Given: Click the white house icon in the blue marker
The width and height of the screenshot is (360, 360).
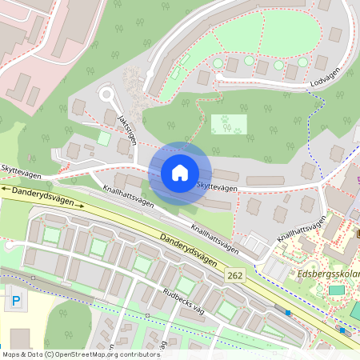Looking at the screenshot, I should (x=180, y=173).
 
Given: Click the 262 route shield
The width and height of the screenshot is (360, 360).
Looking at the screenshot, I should (x=233, y=274).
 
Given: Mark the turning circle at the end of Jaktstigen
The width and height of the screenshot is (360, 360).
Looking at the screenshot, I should (x=106, y=95).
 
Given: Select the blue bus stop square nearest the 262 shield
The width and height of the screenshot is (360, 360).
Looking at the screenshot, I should (x=288, y=310).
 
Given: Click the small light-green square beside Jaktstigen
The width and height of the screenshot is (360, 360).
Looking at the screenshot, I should (x=103, y=138).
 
